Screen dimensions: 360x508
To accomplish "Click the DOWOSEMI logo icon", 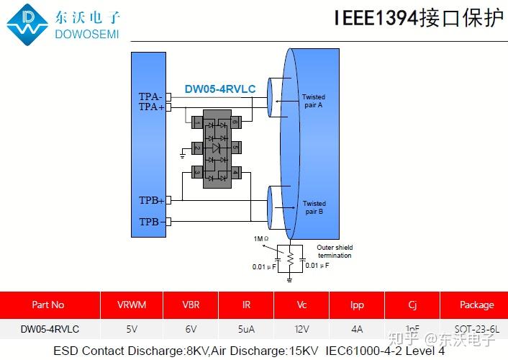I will pyautogui.click(x=28, y=24).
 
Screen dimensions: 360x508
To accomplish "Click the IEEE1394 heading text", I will pyautogui.click(x=418, y=18).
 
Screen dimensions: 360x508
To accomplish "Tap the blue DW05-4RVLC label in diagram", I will pyautogui.click(x=219, y=89).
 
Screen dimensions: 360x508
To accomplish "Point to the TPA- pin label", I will pyautogui.click(x=150, y=96).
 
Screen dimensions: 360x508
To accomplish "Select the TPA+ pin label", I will pyautogui.click(x=151, y=107).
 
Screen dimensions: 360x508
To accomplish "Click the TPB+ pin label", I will pyautogui.click(x=151, y=200).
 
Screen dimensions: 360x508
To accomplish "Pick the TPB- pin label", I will pyautogui.click(x=150, y=222).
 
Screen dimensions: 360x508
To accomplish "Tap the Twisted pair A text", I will pyautogui.click(x=313, y=101).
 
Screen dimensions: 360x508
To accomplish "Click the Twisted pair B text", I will pyautogui.click(x=314, y=207).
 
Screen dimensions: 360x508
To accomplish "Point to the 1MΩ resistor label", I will pyautogui.click(x=260, y=238).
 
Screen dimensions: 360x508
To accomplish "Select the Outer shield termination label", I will pyautogui.click(x=335, y=251).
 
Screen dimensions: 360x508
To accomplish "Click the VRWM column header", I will pyautogui.click(x=132, y=305).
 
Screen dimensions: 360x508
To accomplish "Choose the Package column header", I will pyautogui.click(x=476, y=305).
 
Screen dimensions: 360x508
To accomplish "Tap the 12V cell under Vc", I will pyautogui.click(x=301, y=329).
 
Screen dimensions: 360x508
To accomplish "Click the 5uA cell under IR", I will pyautogui.click(x=246, y=329).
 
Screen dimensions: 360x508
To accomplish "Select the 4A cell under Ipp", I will pyautogui.click(x=357, y=329).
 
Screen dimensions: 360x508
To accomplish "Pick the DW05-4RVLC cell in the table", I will pyautogui.click(x=49, y=329).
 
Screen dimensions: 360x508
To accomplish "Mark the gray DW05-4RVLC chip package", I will pyautogui.click(x=217, y=148).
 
